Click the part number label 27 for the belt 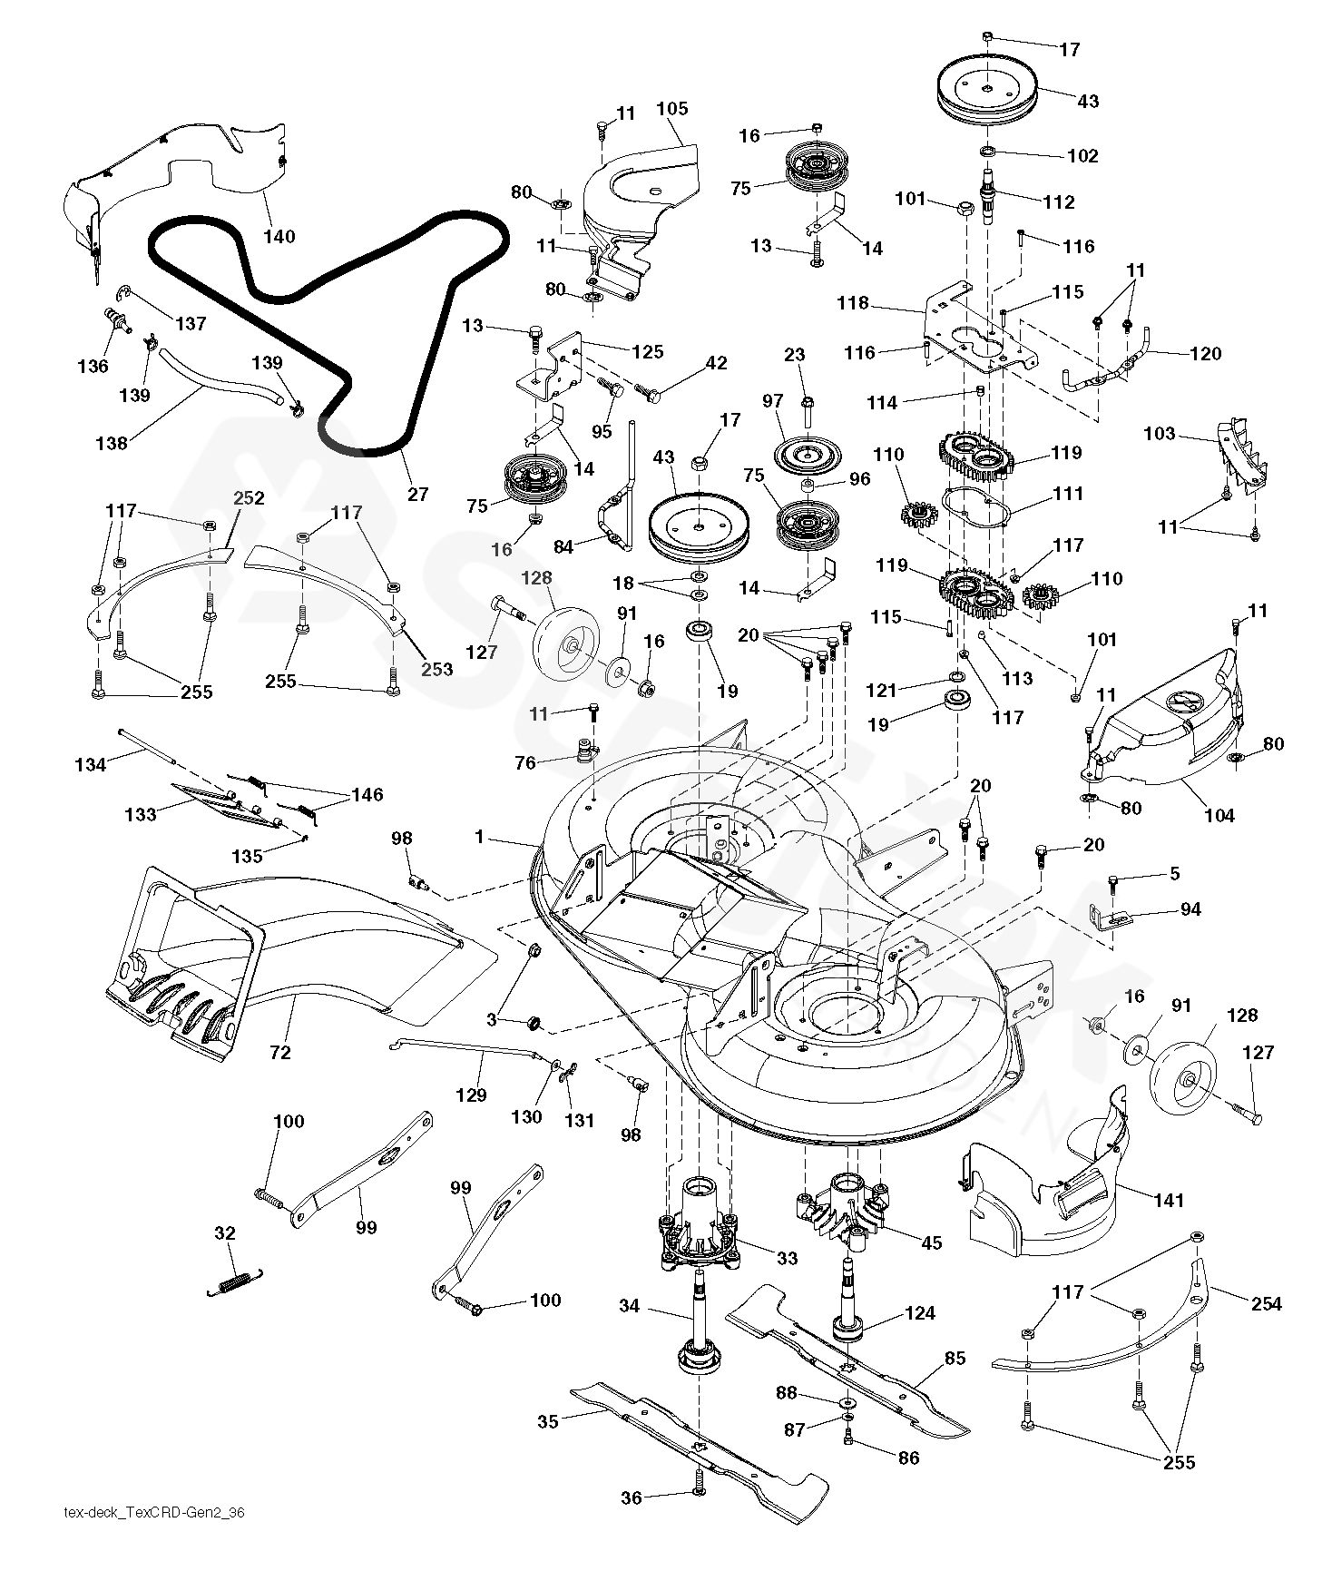point(418,495)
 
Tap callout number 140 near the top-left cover point(279,237)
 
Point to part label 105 point(672,109)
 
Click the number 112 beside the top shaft point(1059,202)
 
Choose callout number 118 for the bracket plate point(854,304)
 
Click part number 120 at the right point(1205,354)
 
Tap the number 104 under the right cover point(1219,816)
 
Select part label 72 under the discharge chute point(280,1052)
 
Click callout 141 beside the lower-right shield point(1169,1201)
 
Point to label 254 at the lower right point(1266,1304)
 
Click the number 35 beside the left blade point(548,1421)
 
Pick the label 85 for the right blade point(955,1359)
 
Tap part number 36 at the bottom point(632,1497)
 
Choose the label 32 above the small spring point(225,1233)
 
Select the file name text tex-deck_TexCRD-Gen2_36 point(155,1513)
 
